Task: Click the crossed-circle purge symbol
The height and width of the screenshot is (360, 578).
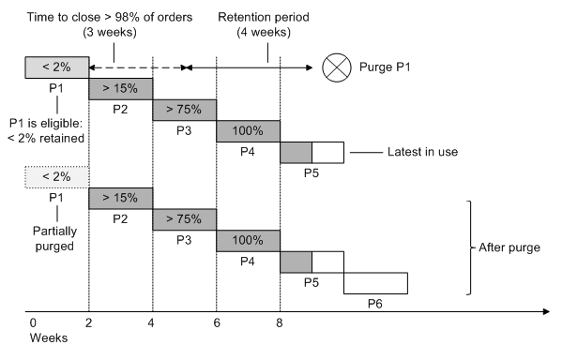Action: point(335,67)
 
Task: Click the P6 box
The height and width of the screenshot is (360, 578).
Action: point(375,282)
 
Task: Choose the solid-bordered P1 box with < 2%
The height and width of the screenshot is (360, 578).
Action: point(56,67)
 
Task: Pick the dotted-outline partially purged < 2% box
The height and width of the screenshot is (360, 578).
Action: point(56,176)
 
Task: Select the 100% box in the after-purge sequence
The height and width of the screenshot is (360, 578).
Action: point(248,241)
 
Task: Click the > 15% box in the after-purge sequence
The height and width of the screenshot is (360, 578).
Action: point(120,198)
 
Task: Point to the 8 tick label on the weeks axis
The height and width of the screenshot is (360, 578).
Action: point(280,322)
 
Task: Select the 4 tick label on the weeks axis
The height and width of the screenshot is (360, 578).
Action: point(152,322)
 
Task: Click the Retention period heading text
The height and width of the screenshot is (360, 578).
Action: point(264,18)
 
